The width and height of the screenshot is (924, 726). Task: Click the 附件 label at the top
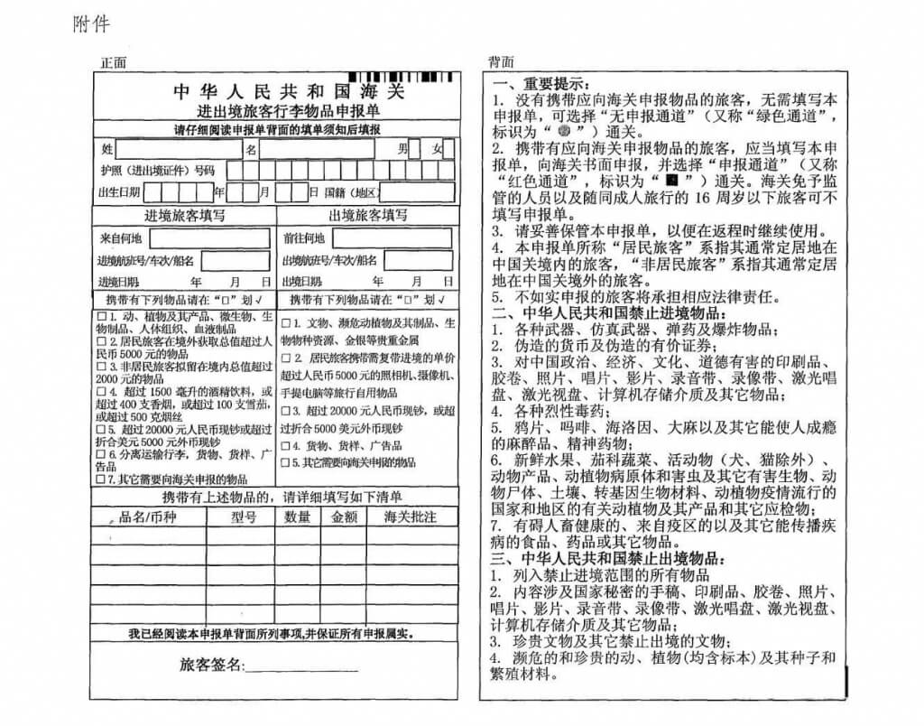(x=92, y=24)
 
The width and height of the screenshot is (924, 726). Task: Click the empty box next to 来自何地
(x=209, y=238)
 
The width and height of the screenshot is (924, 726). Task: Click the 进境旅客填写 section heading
(x=184, y=215)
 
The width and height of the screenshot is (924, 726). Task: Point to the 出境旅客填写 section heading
(x=367, y=215)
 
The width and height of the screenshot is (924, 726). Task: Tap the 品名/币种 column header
(x=148, y=517)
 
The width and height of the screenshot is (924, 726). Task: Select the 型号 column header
(x=244, y=517)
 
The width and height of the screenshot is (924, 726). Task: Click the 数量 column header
(x=298, y=517)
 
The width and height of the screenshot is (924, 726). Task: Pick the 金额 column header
(x=344, y=517)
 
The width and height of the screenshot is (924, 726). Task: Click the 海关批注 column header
(x=411, y=517)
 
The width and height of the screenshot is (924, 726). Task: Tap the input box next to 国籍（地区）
(x=416, y=191)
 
